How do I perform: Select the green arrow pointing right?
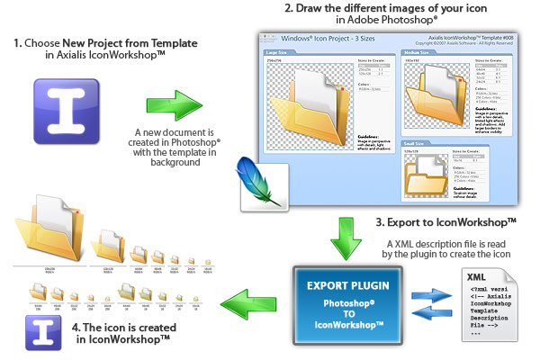pos(171,105)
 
